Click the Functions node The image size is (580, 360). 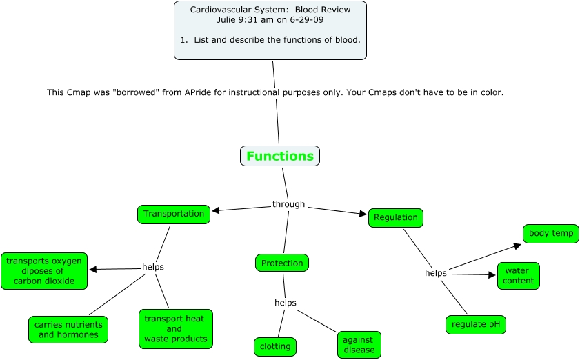[x=279, y=156]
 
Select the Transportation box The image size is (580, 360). [x=174, y=214]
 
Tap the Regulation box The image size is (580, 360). [x=395, y=217]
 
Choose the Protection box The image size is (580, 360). [x=281, y=263]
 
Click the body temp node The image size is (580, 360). [x=550, y=233]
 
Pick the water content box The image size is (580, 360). [x=518, y=276]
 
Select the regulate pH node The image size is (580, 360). [x=475, y=324]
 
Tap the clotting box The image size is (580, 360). [x=274, y=346]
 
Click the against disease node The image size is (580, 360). [x=359, y=344]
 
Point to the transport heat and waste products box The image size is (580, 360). [x=175, y=329]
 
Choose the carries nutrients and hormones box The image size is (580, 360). [x=68, y=330]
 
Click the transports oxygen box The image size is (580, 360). [x=44, y=270]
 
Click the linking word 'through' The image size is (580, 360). [x=288, y=204]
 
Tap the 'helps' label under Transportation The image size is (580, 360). [x=152, y=267]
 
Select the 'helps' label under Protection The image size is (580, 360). [x=285, y=303]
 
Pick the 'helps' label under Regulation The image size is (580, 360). [x=435, y=273]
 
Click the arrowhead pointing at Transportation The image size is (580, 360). [x=216, y=211]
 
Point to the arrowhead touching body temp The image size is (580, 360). [x=517, y=245]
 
